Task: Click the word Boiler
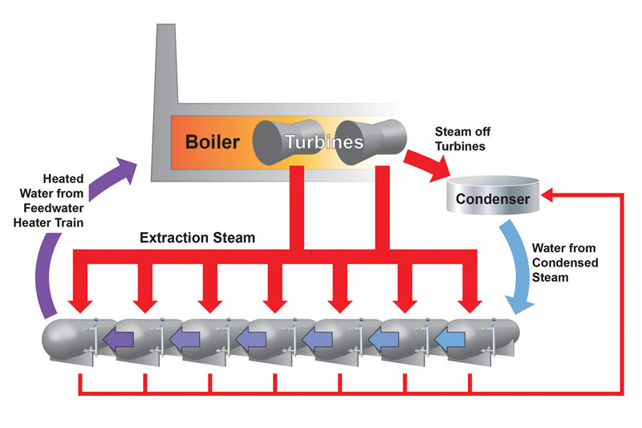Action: click(213, 142)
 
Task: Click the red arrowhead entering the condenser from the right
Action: click(548, 194)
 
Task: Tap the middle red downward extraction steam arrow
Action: click(275, 297)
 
